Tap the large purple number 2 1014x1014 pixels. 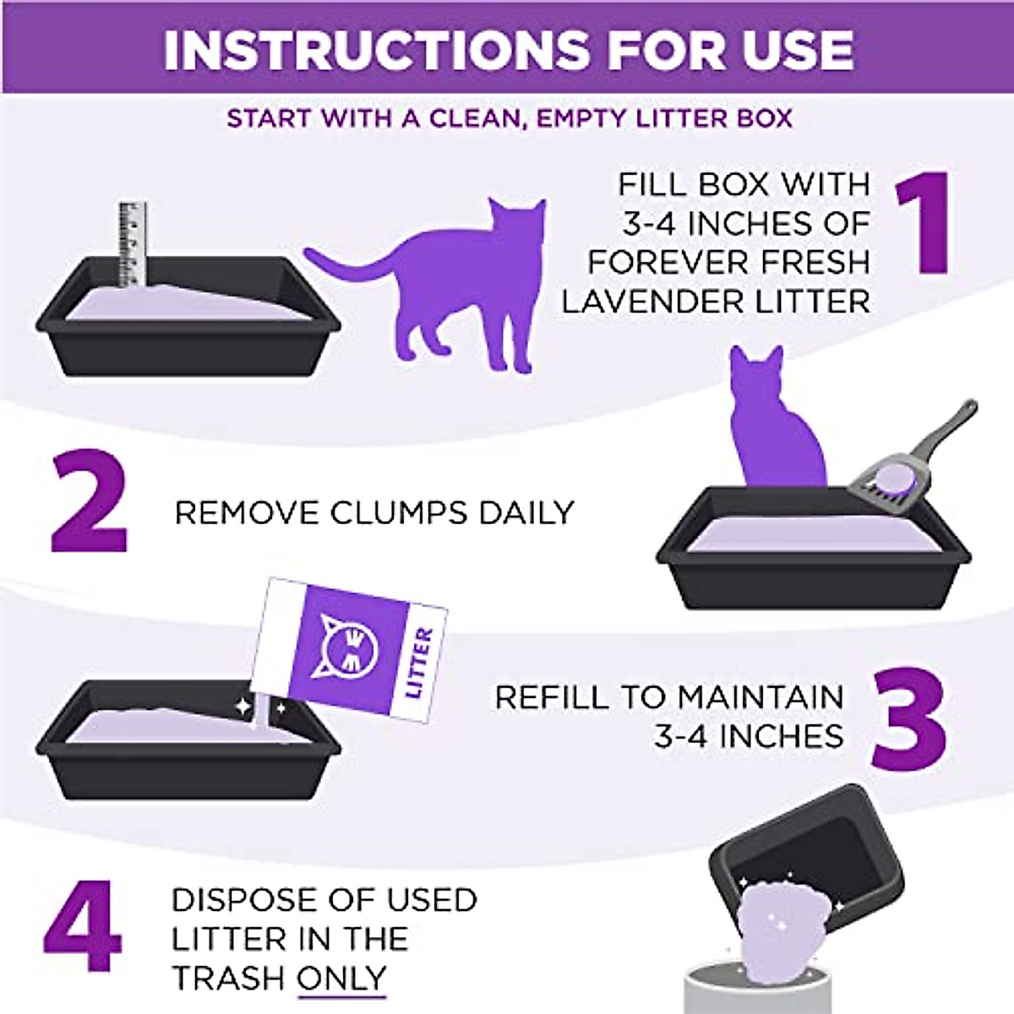coord(88,503)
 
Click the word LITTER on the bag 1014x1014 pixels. coord(419,664)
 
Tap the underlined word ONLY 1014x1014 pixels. coord(341,978)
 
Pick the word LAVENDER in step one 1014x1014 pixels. coord(646,301)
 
